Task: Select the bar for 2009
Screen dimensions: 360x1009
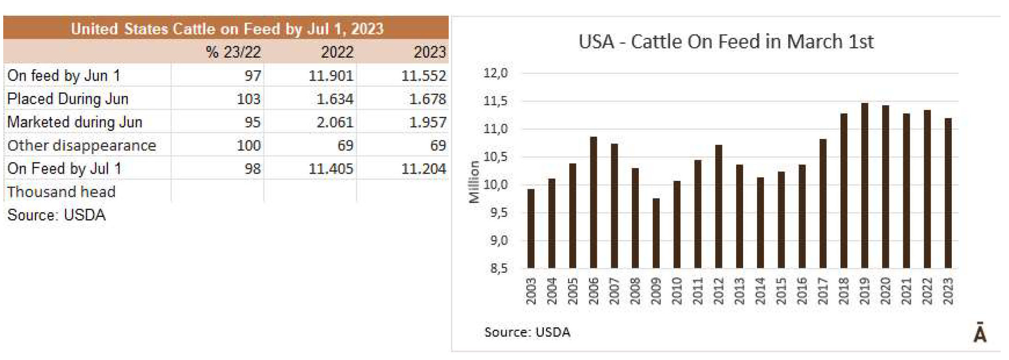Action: [656, 233]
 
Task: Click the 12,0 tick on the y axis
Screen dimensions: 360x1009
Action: [495, 73]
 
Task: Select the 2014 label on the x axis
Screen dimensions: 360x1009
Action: [760, 291]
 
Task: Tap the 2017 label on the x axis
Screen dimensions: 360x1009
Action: [823, 291]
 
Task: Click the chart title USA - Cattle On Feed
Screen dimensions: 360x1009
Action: [726, 42]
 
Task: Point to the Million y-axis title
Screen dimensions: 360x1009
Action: [474, 182]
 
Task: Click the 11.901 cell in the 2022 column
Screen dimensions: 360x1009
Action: [330, 76]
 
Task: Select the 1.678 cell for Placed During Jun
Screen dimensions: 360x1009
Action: [427, 99]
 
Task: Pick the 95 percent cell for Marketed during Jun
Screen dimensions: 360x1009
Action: [252, 122]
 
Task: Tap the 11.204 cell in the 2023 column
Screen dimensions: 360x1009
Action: [423, 169]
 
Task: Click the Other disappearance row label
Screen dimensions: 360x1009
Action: [82, 146]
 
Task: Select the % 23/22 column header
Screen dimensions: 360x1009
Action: [233, 52]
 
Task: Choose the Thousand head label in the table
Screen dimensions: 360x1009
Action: [61, 192]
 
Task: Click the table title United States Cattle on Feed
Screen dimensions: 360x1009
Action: [227, 29]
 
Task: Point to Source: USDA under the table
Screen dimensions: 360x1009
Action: [56, 215]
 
